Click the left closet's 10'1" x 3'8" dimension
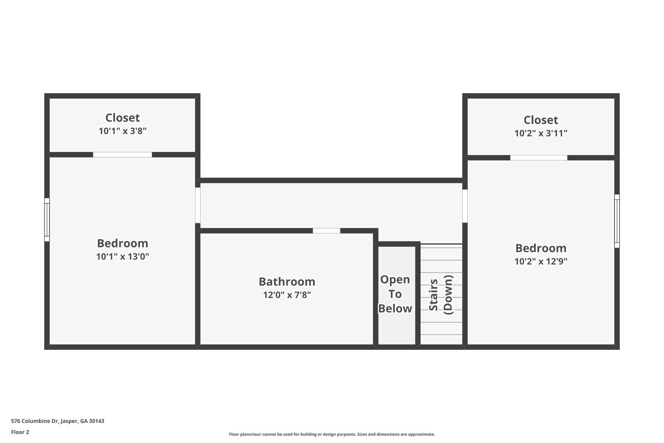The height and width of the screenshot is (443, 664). click(x=123, y=131)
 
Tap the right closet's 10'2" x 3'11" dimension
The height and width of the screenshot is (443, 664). click(x=541, y=133)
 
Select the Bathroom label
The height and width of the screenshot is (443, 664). click(x=287, y=282)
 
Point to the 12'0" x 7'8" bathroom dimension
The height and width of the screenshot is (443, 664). click(x=287, y=295)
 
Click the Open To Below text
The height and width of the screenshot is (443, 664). click(x=395, y=294)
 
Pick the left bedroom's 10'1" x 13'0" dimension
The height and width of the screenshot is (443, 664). click(x=123, y=257)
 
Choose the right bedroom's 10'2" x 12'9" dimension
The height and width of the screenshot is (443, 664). click(x=541, y=262)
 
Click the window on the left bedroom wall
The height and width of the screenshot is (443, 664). click(x=47, y=220)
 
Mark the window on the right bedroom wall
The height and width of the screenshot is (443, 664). click(x=617, y=221)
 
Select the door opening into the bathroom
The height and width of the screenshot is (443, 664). click(x=326, y=231)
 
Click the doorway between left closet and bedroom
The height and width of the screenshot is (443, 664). click(x=123, y=155)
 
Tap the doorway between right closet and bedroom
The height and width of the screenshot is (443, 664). click(x=539, y=158)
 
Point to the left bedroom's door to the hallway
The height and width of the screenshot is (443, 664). click(x=197, y=205)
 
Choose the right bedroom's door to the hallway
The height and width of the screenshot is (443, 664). click(x=465, y=206)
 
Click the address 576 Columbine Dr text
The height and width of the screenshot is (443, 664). click(x=58, y=421)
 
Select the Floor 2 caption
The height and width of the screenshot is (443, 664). click(x=20, y=432)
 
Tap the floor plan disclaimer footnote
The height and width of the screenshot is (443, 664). click(x=332, y=434)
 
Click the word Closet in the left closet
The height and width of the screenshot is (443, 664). click(x=123, y=117)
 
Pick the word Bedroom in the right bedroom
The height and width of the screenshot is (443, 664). click(x=541, y=248)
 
